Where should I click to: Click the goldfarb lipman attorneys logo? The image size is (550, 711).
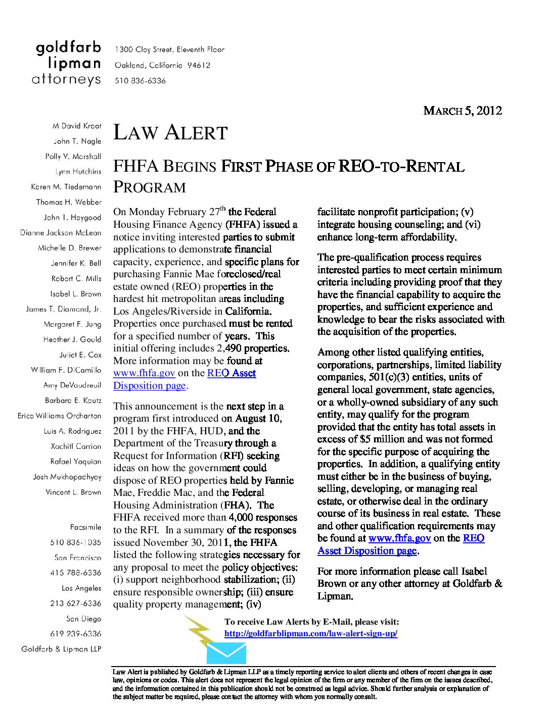[67, 64]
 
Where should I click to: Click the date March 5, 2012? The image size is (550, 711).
[462, 111]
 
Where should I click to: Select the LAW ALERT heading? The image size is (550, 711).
[170, 133]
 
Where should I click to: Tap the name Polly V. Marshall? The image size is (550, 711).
[73, 157]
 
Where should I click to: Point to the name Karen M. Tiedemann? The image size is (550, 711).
[66, 187]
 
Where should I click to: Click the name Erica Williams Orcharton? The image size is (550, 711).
[60, 416]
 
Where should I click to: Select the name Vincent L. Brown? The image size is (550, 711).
[73, 492]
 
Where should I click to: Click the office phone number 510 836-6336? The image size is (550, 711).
[140, 81]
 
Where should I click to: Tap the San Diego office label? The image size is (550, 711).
[83, 619]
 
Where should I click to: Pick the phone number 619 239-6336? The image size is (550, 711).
[75, 634]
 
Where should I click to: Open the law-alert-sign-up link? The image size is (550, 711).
[310, 633]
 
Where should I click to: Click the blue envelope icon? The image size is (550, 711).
[226, 653]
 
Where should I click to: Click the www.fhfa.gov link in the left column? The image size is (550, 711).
[144, 373]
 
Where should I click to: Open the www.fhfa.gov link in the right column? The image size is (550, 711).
[399, 538]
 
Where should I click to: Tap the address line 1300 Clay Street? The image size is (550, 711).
[169, 49]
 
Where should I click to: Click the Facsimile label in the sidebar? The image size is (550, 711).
[85, 527]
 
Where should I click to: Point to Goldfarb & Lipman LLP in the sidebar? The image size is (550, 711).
[61, 649]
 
